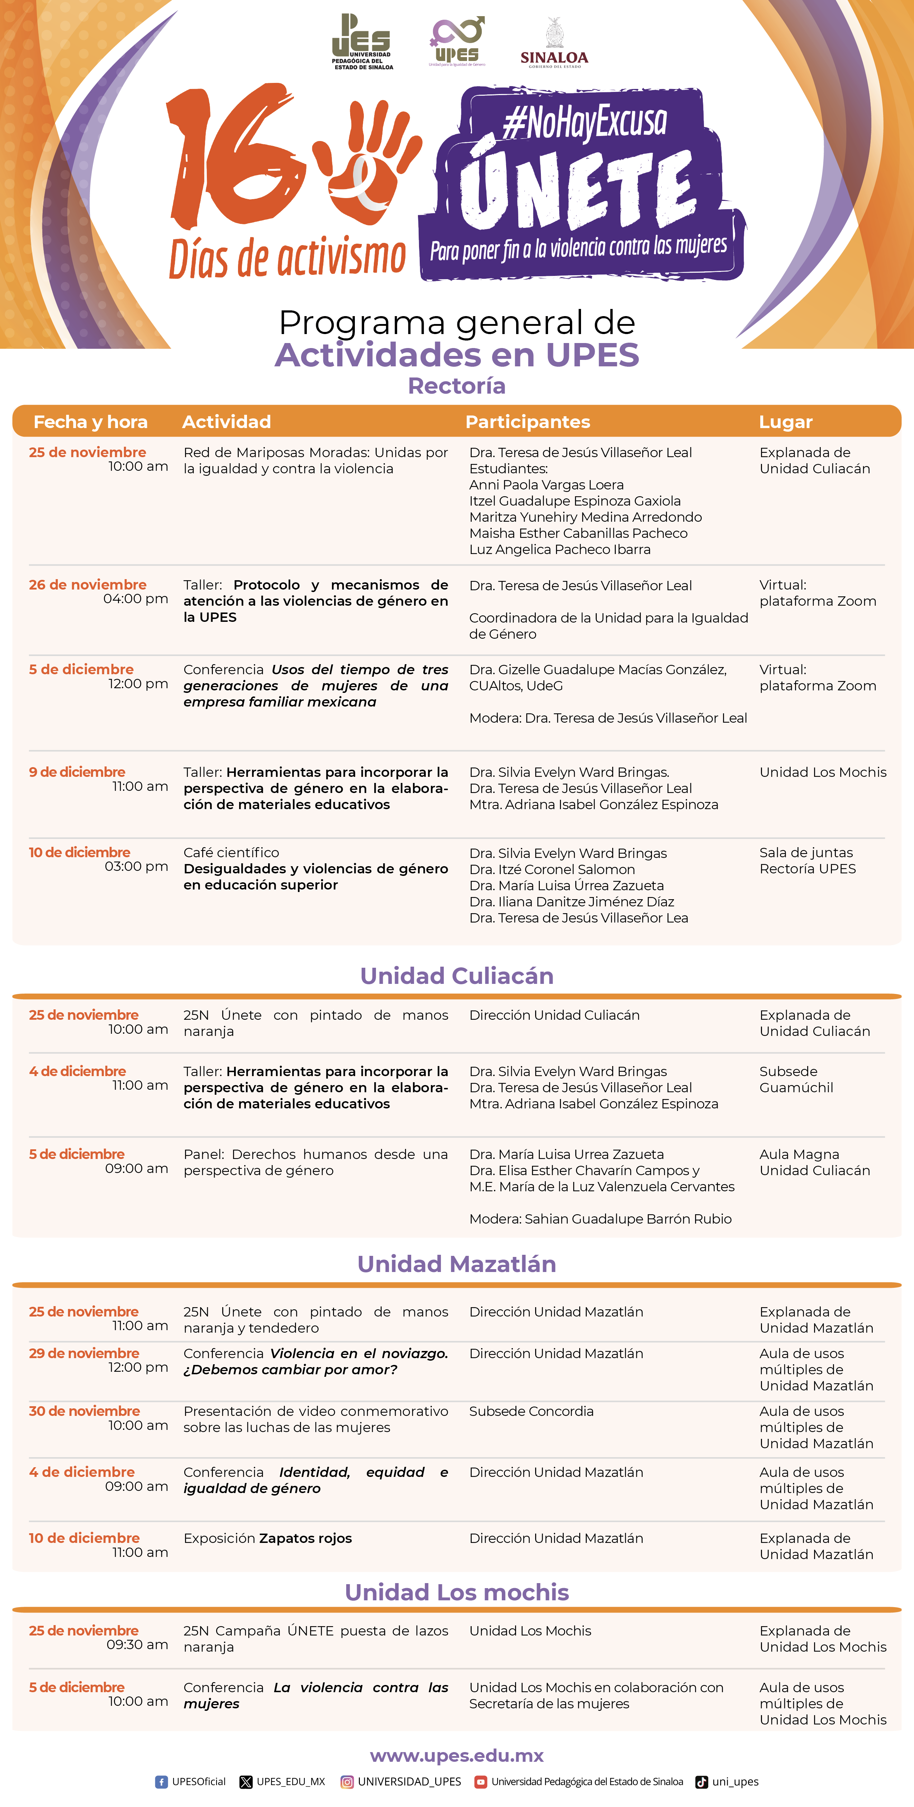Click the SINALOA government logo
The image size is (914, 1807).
[x=554, y=43]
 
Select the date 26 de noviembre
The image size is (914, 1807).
[x=87, y=584]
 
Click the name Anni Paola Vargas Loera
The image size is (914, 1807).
[x=546, y=485]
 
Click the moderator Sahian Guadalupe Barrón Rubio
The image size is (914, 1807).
[x=627, y=1219]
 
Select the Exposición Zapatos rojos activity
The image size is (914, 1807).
[x=267, y=1538]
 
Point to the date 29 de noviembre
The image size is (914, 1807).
[x=84, y=1353]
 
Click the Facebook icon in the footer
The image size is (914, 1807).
[x=161, y=1782]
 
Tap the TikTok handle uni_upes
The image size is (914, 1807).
[x=734, y=1782]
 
